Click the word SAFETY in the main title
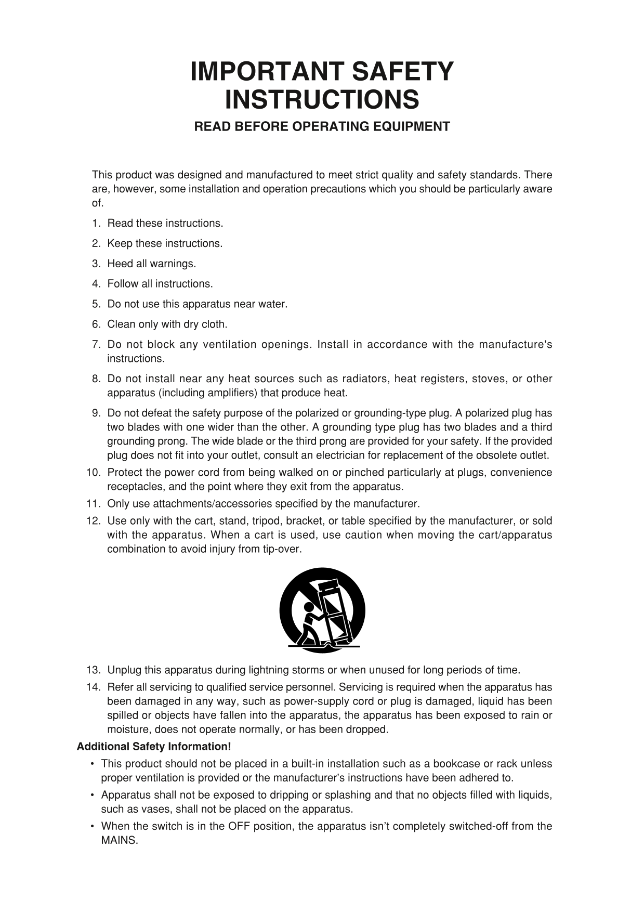(402, 72)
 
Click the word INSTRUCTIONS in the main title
(322, 100)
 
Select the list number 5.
(96, 304)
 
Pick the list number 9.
(96, 413)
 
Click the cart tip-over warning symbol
(322, 610)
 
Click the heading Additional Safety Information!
(154, 747)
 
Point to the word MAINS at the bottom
(120, 840)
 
